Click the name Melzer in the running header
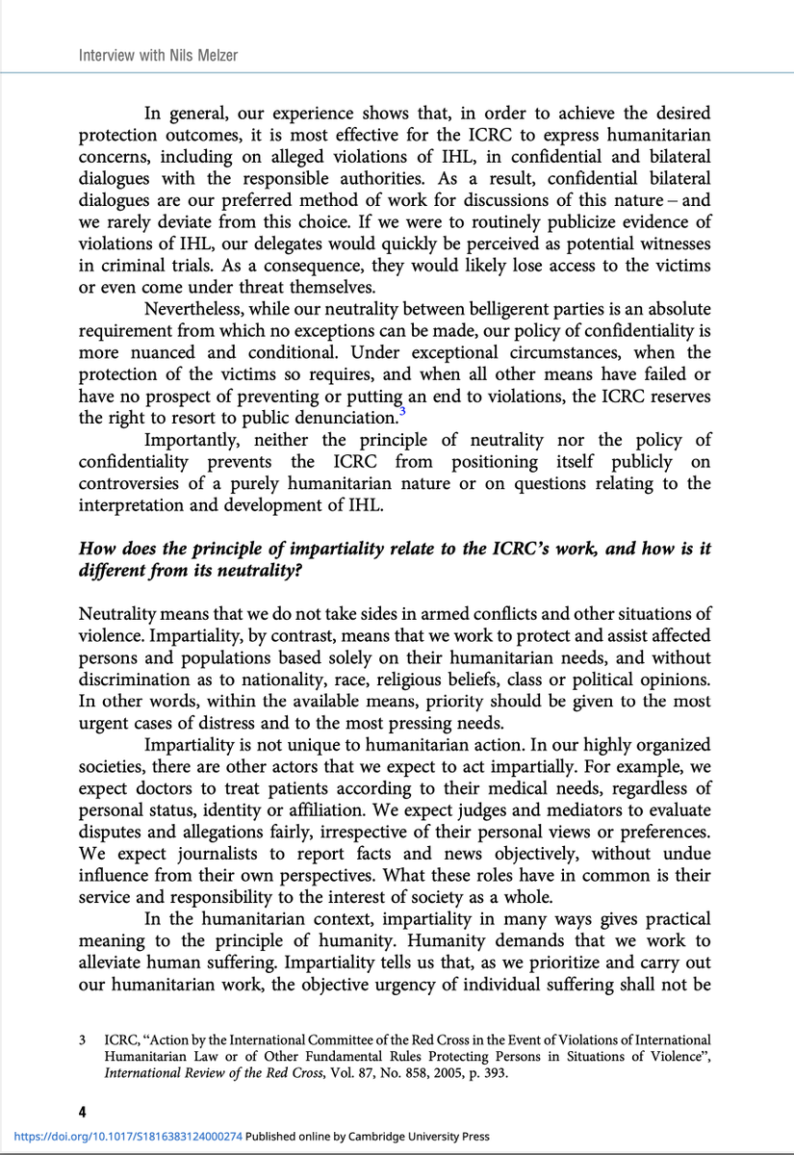214,56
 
